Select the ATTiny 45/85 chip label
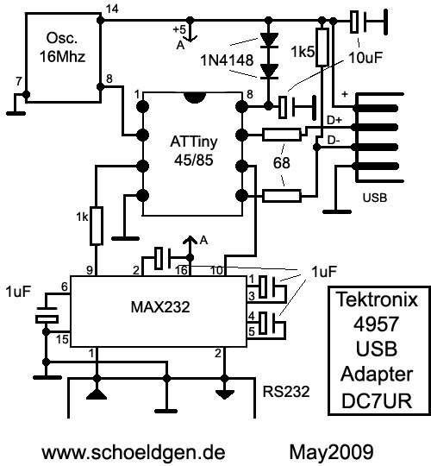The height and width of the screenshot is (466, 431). pyautogui.click(x=194, y=151)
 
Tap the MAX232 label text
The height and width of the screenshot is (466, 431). pyautogui.click(x=160, y=306)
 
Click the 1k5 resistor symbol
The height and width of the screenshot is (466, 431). pyautogui.click(x=322, y=47)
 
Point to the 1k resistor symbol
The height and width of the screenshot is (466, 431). pyautogui.click(x=97, y=226)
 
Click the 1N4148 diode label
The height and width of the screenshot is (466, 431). pyautogui.click(x=227, y=60)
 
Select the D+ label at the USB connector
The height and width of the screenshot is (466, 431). pyautogui.click(x=334, y=120)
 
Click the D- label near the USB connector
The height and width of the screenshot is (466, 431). pyautogui.click(x=334, y=141)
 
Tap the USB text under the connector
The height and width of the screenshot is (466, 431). pyautogui.click(x=375, y=198)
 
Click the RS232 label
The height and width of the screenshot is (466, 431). pyautogui.click(x=286, y=392)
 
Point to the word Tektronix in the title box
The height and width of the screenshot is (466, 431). pyautogui.click(x=378, y=299)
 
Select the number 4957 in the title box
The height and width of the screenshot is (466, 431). pyautogui.click(x=377, y=324)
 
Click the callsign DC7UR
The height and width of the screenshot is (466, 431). pyautogui.click(x=377, y=401)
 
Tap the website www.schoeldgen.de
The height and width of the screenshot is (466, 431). pyautogui.click(x=134, y=452)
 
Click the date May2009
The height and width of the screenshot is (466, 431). pyautogui.click(x=331, y=452)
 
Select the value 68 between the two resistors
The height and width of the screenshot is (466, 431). pyautogui.click(x=281, y=163)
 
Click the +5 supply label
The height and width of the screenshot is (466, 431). pyautogui.click(x=179, y=29)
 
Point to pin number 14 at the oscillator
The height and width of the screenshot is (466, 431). pyautogui.click(x=112, y=9)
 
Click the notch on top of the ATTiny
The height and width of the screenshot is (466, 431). pyautogui.click(x=195, y=98)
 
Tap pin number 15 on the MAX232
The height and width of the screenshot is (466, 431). pyautogui.click(x=62, y=339)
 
